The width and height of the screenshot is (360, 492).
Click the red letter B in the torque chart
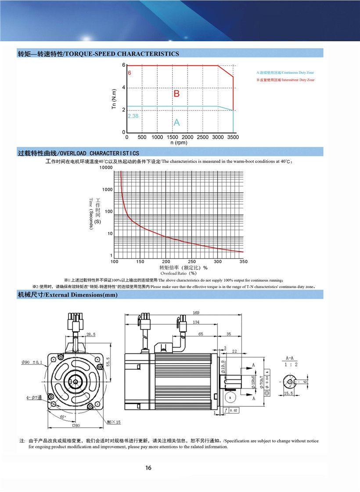(x=176, y=94)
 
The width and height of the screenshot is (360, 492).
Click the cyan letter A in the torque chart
(x=176, y=123)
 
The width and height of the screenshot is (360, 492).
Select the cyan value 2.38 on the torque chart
(x=133, y=116)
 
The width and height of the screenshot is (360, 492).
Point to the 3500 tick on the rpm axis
(x=233, y=137)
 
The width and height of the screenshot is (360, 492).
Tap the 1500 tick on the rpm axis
(x=173, y=137)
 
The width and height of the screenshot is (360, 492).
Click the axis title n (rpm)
(x=179, y=143)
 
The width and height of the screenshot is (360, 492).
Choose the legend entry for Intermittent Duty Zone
(x=285, y=80)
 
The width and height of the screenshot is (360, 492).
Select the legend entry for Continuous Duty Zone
(x=285, y=72)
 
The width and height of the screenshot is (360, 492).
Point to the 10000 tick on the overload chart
(x=106, y=168)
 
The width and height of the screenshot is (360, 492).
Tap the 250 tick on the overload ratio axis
(x=191, y=262)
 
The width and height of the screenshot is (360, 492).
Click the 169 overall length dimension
(x=196, y=313)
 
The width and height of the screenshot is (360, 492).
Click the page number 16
(x=148, y=467)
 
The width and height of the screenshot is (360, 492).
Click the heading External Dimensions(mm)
(x=68, y=295)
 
